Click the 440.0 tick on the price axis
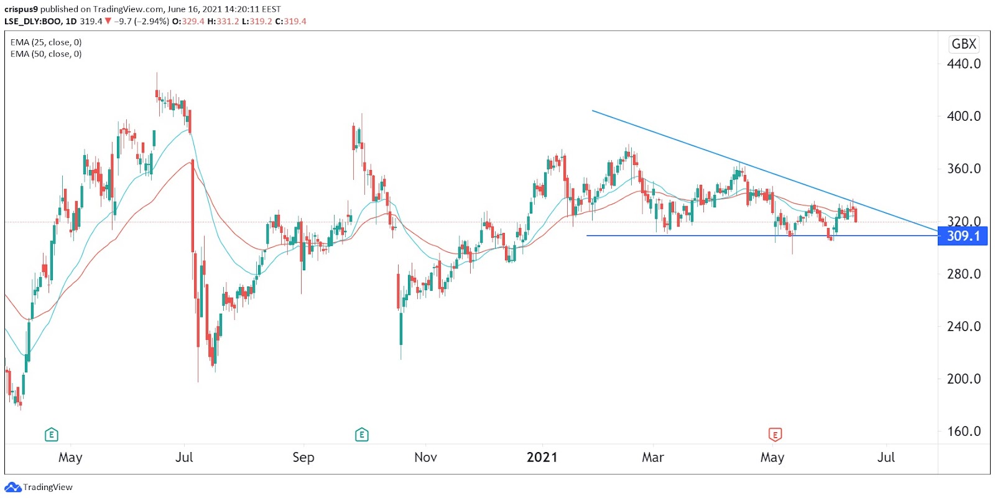click(963, 64)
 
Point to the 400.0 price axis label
click(963, 116)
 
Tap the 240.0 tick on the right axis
click(963, 326)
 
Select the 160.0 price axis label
click(963, 431)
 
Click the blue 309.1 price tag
click(962, 236)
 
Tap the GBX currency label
click(964, 44)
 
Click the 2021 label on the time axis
click(542, 458)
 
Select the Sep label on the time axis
click(303, 458)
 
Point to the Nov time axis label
click(425, 458)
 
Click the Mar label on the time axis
click(652, 458)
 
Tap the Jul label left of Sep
click(184, 458)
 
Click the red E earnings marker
click(775, 434)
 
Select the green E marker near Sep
click(361, 435)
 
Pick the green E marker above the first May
click(52, 435)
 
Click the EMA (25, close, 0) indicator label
click(46, 42)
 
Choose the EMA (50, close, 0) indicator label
click(46, 54)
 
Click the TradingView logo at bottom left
click(39, 487)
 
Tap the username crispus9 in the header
click(21, 9)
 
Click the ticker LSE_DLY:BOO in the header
click(33, 21)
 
